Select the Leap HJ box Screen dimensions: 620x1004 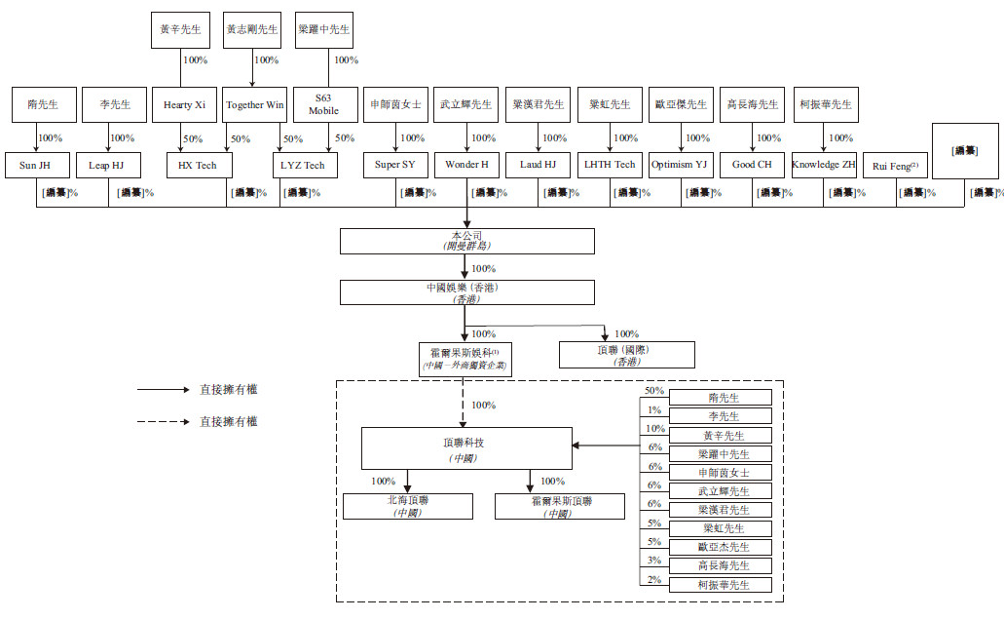coord(107,165)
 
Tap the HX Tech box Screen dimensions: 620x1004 coord(198,165)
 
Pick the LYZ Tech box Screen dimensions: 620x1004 coord(303,165)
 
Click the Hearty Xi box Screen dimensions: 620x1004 coord(184,104)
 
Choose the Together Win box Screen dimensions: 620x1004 coord(254,104)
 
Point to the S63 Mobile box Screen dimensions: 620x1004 coord(324,104)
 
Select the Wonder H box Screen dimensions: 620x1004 coord(465,165)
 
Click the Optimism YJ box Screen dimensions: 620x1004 coord(681,165)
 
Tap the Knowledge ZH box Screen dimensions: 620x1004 coord(823,165)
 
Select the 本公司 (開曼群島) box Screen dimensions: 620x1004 coord(466,241)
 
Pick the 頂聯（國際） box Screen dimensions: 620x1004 coord(626,354)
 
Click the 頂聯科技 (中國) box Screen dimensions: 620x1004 coord(466,448)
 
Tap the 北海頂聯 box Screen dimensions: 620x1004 coord(408,506)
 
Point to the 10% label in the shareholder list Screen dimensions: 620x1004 coord(654,428)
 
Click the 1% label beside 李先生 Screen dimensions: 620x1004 coord(654,409)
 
